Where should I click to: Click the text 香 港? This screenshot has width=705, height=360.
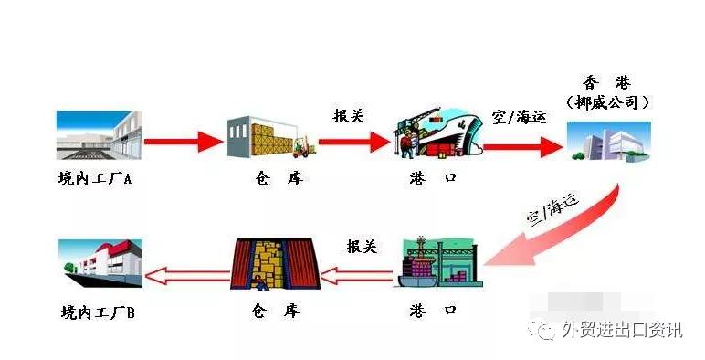click(x=607, y=81)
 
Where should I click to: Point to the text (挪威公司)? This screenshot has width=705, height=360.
click(x=607, y=102)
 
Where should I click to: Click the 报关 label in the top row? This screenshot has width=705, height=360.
click(x=350, y=116)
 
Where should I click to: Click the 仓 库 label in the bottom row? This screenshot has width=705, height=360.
click(x=275, y=312)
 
